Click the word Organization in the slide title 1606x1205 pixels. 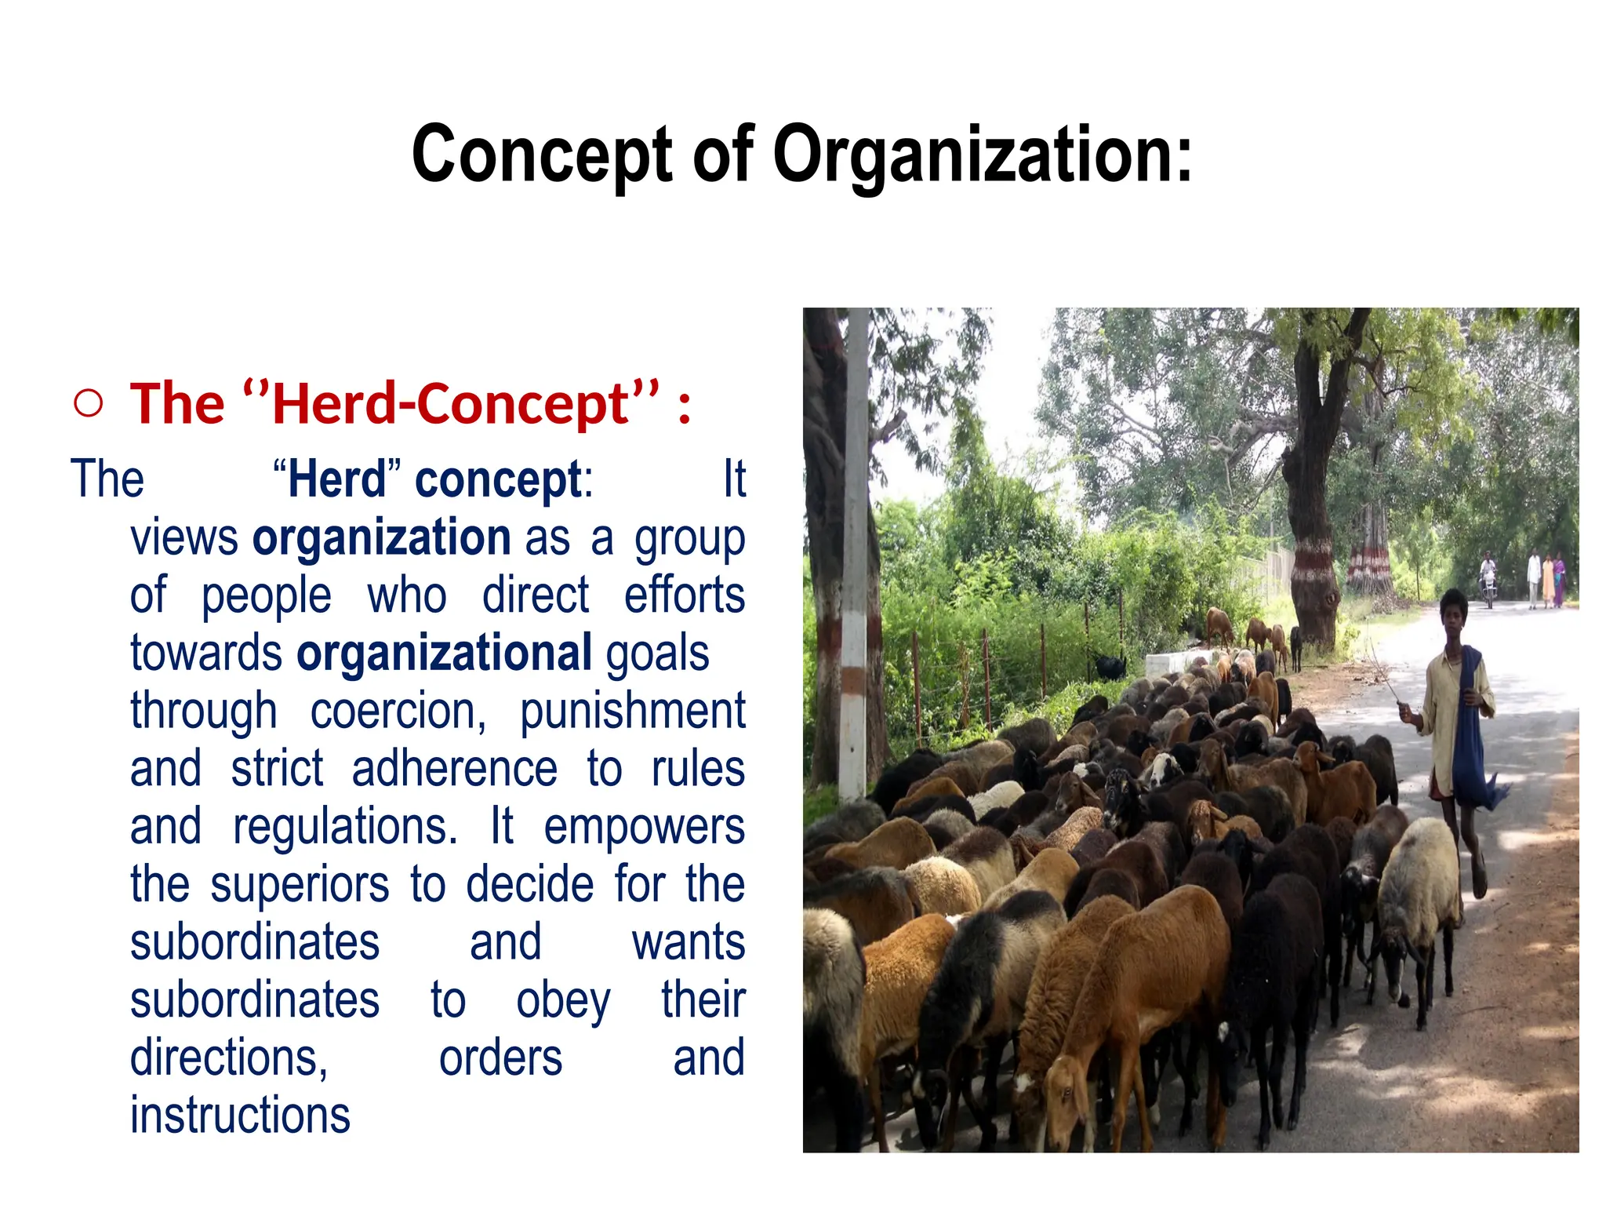(982, 155)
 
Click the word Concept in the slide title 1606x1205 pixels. (542, 155)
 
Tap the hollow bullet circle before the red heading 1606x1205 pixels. (89, 403)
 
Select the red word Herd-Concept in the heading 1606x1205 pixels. (451, 405)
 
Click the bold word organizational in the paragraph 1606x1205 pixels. (445, 653)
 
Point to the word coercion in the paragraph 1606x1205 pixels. (398, 711)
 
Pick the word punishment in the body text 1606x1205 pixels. (632, 711)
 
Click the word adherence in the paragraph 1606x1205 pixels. (455, 769)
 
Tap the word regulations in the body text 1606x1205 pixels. (345, 827)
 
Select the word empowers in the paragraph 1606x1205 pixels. (644, 827)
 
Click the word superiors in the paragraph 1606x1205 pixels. (300, 885)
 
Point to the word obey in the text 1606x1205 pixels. (563, 1001)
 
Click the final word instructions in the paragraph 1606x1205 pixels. (240, 1116)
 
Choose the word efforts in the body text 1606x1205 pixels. (684, 595)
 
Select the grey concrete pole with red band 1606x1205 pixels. (855, 549)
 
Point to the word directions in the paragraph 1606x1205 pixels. (229, 1058)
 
